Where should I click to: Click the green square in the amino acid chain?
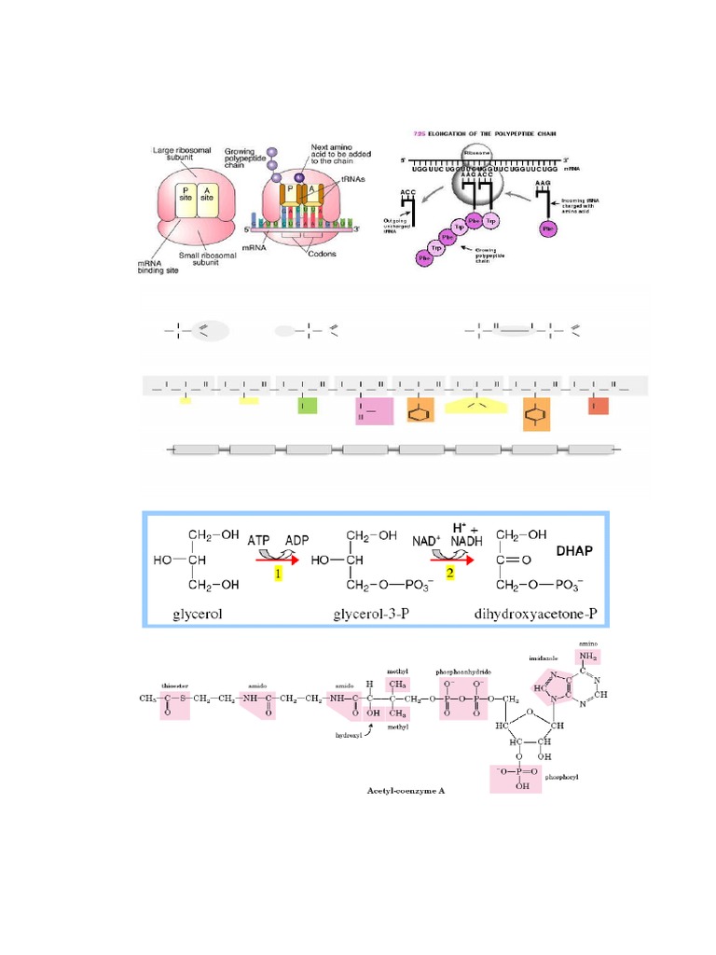(x=307, y=405)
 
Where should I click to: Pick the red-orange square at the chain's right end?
(x=598, y=406)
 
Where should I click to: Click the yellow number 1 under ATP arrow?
(x=277, y=574)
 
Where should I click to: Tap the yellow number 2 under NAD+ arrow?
(x=449, y=574)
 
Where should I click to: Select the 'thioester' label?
(x=174, y=684)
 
